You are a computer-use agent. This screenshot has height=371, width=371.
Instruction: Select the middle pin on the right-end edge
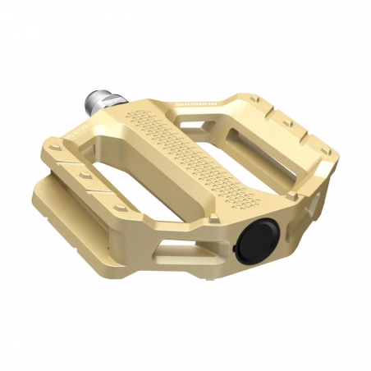click(x=287, y=123)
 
